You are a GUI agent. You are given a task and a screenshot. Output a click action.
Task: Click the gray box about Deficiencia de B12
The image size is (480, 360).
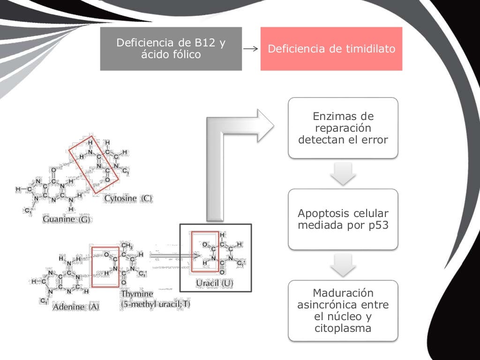point(171,49)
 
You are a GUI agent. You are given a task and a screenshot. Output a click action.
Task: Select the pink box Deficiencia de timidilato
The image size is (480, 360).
point(331,49)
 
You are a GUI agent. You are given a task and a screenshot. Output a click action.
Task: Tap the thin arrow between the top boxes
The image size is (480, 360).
point(251,49)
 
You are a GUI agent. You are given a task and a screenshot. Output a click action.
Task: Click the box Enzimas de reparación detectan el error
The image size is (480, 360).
point(343,127)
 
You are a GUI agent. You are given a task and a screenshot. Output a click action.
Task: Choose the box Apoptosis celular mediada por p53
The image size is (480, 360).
point(343,219)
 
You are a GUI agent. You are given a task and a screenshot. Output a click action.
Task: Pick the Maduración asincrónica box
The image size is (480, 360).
point(343,310)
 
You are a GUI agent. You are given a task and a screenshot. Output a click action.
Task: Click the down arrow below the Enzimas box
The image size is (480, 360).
point(343,174)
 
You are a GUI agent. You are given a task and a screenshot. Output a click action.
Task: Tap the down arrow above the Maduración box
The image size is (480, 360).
point(343,265)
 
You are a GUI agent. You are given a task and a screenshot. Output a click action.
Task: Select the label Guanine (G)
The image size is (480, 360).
point(66,219)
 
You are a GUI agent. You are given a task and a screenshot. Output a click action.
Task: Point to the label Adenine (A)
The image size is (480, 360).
point(76,307)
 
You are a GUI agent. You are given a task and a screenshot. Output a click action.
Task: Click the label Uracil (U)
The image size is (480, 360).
point(214,283)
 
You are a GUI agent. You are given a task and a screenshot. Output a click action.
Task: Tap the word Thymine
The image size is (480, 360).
point(137,294)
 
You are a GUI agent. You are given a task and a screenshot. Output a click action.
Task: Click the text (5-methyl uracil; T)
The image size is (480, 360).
point(156,304)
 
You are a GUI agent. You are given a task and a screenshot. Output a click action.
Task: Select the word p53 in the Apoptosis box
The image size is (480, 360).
point(377,225)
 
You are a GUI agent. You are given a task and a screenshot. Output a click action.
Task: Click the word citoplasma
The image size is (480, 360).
point(343,328)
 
